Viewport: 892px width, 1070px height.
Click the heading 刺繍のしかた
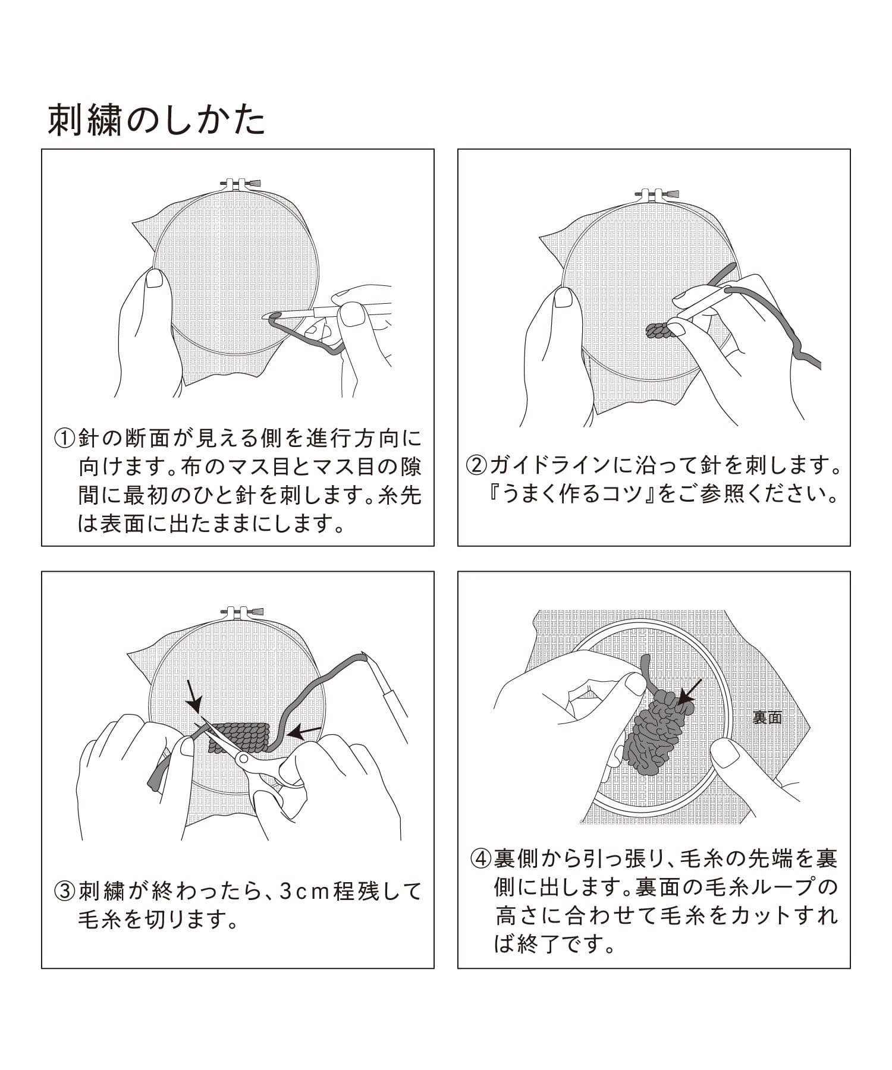click(x=156, y=121)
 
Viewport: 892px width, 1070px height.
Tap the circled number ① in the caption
click(x=64, y=439)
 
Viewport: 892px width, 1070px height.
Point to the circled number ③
click(x=64, y=891)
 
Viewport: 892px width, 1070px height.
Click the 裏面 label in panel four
click(x=767, y=717)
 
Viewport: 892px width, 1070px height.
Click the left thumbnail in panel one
click(x=156, y=278)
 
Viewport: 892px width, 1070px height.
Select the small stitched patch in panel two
click(x=658, y=331)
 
